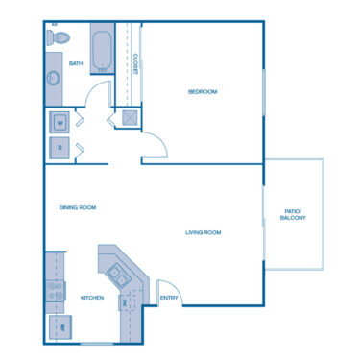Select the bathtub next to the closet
pyautogui.click(x=103, y=51)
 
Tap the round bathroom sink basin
pyautogui.click(x=53, y=78)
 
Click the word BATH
pyautogui.click(x=77, y=65)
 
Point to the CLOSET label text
pyautogui.click(x=135, y=64)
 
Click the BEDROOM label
pyautogui.click(x=202, y=91)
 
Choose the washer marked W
pyautogui.click(x=60, y=122)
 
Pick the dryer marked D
pyautogui.click(x=60, y=147)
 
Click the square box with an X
pyautogui.click(x=127, y=118)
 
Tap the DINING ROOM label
pyautogui.click(x=78, y=206)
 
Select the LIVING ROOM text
pyautogui.click(x=204, y=232)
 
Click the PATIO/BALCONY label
pyautogui.click(x=293, y=215)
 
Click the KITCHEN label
pyautogui.click(x=92, y=298)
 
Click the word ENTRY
pyautogui.click(x=169, y=298)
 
